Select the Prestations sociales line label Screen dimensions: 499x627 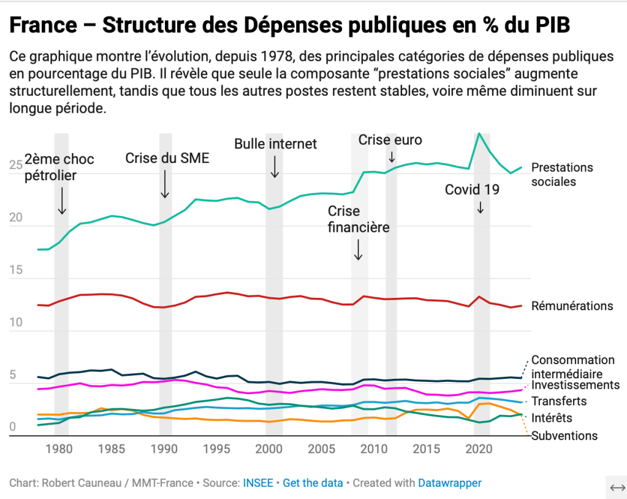[562, 175]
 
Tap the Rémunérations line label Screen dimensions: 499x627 [572, 306]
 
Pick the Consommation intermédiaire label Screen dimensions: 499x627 [572, 367]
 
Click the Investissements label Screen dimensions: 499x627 [576, 385]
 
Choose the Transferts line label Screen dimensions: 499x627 [559, 401]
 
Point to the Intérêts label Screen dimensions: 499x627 [552, 418]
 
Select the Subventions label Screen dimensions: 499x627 [564, 436]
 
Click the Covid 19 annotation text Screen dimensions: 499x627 [472, 190]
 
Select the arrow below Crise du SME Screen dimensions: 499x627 [165, 183]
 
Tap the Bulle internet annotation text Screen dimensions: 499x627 [275, 144]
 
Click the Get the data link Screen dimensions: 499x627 [313, 483]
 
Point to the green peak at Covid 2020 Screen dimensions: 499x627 [479, 134]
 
